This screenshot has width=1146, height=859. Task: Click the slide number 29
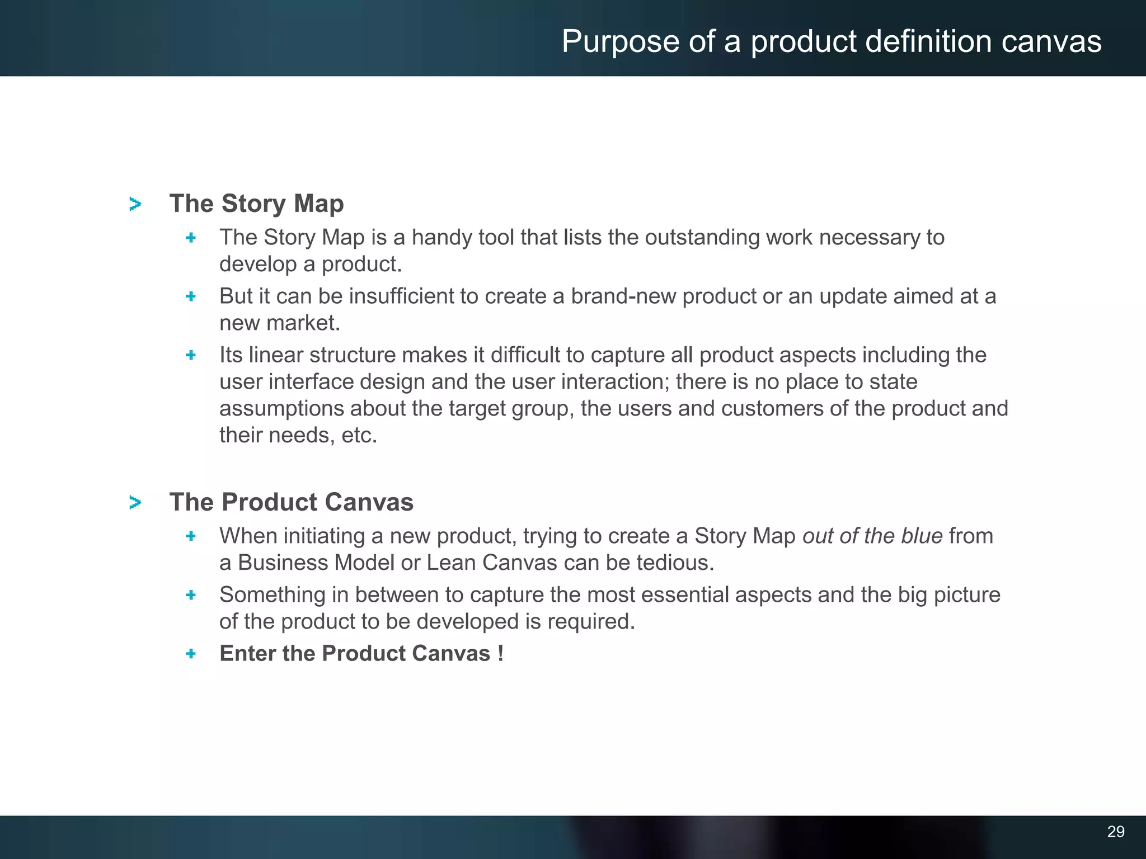pyautogui.click(x=1115, y=832)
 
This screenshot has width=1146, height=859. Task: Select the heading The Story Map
pyautogui.click(x=256, y=204)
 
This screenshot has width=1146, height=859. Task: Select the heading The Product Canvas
pyautogui.click(x=291, y=502)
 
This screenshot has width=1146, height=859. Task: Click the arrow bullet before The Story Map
pyautogui.click(x=135, y=204)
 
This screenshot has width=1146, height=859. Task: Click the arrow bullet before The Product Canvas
pyautogui.click(x=135, y=503)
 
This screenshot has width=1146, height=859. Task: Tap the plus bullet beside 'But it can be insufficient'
pyautogui.click(x=191, y=296)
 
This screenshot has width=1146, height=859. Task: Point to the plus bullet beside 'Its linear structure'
pyautogui.click(x=191, y=355)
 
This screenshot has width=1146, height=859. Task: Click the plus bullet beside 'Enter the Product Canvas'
pyautogui.click(x=191, y=654)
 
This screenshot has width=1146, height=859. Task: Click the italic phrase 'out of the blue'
pyautogui.click(x=872, y=536)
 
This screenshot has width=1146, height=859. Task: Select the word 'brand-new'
pyautogui.click(x=623, y=296)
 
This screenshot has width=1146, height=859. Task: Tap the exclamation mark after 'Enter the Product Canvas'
pyautogui.click(x=500, y=653)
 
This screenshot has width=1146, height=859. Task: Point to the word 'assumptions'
pyautogui.click(x=281, y=409)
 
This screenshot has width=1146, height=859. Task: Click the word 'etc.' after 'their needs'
pyautogui.click(x=359, y=435)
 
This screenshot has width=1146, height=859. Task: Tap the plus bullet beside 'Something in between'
pyautogui.click(x=191, y=595)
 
